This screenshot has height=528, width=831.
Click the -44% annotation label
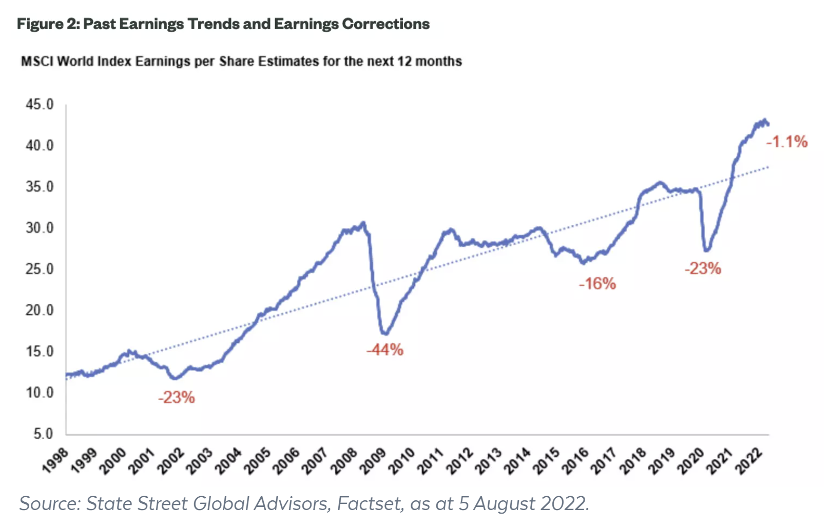tap(385, 350)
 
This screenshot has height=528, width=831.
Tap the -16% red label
tap(597, 284)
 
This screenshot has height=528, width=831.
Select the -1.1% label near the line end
tap(787, 142)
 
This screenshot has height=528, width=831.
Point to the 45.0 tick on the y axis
tap(40, 105)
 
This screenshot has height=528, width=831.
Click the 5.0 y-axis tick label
tap(43, 434)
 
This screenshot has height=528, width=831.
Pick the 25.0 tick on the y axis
tap(40, 269)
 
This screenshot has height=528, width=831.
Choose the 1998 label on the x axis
tap(55, 459)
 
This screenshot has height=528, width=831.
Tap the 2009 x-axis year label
tap(372, 459)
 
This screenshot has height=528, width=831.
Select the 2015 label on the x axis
tap(546, 459)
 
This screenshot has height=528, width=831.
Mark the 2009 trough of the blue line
tap(384, 334)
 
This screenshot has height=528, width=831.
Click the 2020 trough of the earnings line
tap(707, 250)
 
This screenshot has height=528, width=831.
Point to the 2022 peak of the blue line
tap(764, 120)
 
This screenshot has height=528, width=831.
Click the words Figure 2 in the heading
tap(48, 24)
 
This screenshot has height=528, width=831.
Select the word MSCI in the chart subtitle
tap(37, 62)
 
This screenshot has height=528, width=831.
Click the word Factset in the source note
tap(370, 504)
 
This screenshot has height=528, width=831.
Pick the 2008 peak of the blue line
tap(363, 223)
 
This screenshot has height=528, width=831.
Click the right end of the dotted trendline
tap(768, 167)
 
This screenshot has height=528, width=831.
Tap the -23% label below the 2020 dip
tap(703, 268)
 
